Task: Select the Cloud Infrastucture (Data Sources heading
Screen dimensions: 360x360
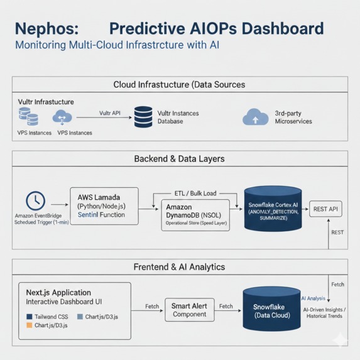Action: click(x=179, y=84)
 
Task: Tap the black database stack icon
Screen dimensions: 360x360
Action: click(x=143, y=117)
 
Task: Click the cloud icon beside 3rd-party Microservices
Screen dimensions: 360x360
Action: click(x=255, y=117)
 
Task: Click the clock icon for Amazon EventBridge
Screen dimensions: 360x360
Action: click(x=35, y=200)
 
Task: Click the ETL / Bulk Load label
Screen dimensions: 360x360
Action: click(x=195, y=194)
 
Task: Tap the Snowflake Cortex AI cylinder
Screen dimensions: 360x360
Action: click(x=273, y=209)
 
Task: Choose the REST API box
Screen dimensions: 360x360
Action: click(x=325, y=209)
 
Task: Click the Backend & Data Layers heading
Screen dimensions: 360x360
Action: click(x=179, y=159)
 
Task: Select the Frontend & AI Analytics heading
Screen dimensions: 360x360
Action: click(x=179, y=267)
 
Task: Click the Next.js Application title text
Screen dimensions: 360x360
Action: click(x=58, y=292)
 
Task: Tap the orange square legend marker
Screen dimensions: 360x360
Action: click(x=29, y=325)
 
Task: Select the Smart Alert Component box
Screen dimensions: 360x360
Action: click(x=189, y=310)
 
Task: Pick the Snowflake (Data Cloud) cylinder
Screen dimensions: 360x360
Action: click(x=268, y=309)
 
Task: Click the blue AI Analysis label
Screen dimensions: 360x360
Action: click(x=313, y=298)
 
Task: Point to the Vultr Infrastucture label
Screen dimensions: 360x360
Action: click(x=46, y=102)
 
